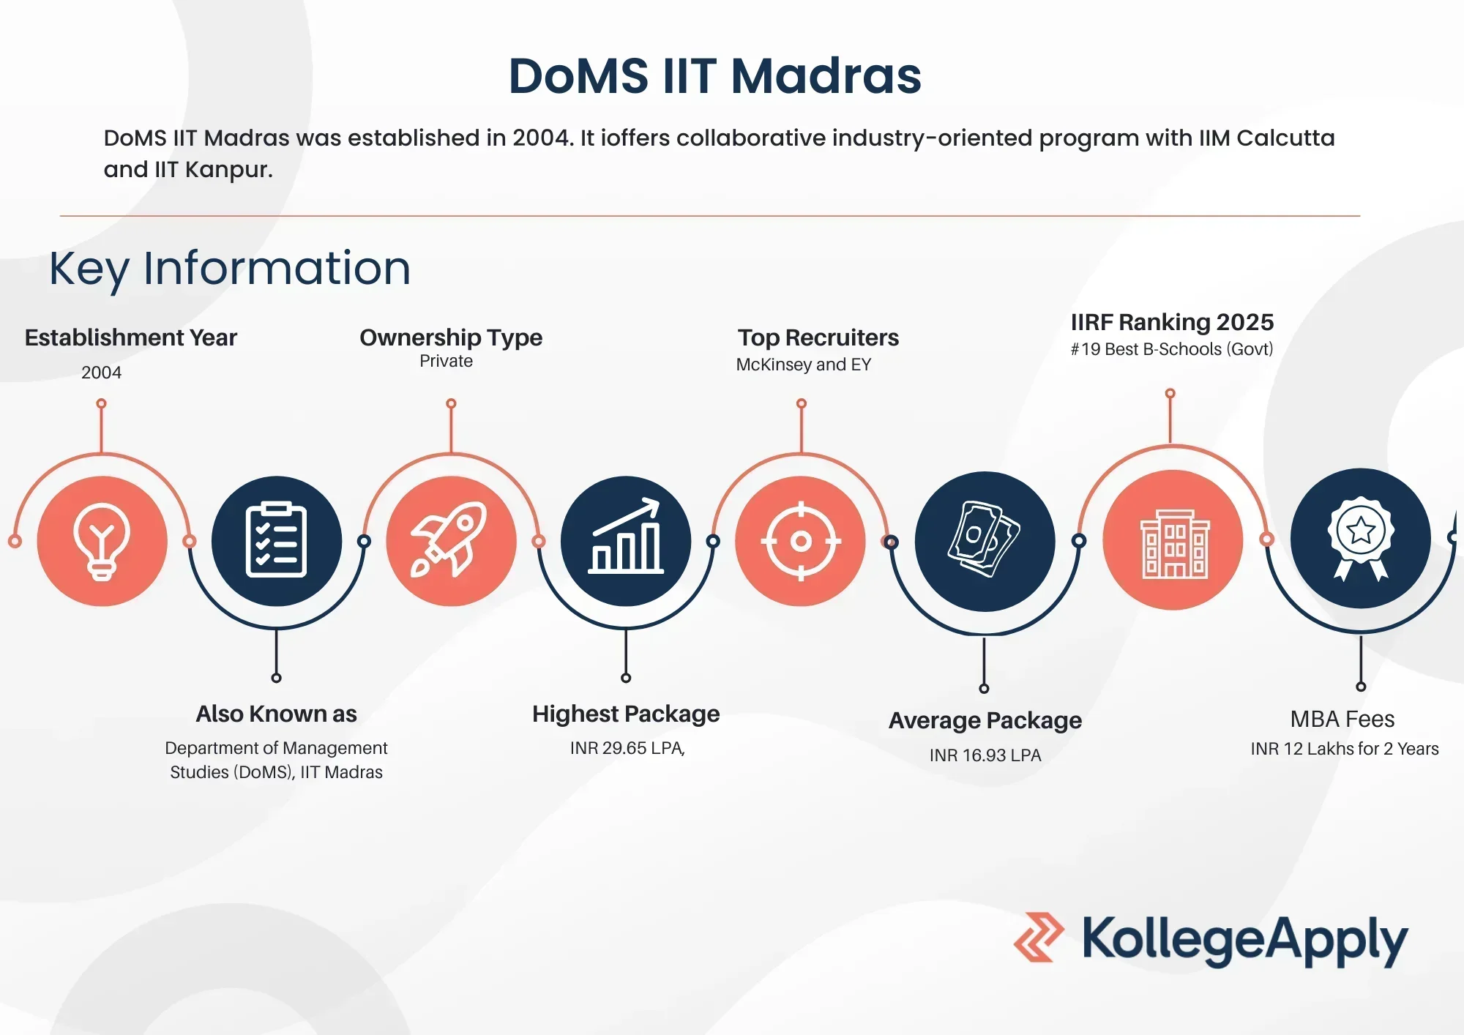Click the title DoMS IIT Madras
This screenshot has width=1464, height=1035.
pyautogui.click(x=714, y=76)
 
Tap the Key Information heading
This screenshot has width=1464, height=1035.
pyautogui.click(x=230, y=269)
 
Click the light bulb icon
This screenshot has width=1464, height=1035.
pyautogui.click(x=102, y=542)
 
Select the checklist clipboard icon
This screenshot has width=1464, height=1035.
pyautogui.click(x=276, y=540)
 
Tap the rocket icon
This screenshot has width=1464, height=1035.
pyautogui.click(x=449, y=539)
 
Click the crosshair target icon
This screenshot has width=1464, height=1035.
pyautogui.click(x=801, y=541)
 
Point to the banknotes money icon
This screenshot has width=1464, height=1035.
pyautogui.click(x=984, y=539)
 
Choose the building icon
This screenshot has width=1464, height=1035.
pyautogui.click(x=1175, y=544)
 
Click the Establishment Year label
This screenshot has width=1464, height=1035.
pyautogui.click(x=131, y=337)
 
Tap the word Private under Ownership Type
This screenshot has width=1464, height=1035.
pyautogui.click(x=446, y=361)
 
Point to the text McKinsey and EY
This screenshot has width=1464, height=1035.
pyautogui.click(x=804, y=365)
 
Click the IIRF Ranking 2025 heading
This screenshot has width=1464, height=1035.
pyautogui.click(x=1172, y=322)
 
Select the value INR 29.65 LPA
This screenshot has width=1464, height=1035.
pyautogui.click(x=627, y=748)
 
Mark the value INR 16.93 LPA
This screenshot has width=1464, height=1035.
pyautogui.click(x=985, y=755)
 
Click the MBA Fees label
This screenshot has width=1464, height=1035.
pyautogui.click(x=1342, y=719)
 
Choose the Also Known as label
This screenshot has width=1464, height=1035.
pyautogui.click(x=276, y=714)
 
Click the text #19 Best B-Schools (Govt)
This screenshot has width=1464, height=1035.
pyautogui.click(x=1172, y=349)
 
